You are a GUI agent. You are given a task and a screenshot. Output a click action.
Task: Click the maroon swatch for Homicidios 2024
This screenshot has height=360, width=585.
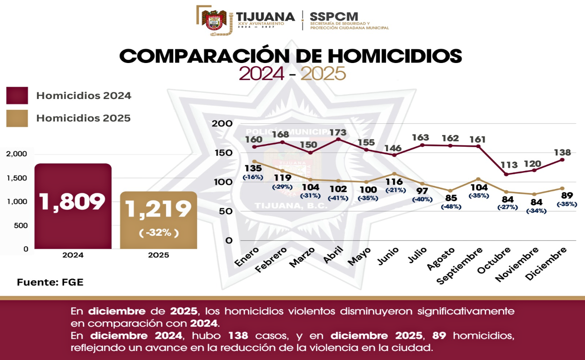pyautogui.click(x=17, y=96)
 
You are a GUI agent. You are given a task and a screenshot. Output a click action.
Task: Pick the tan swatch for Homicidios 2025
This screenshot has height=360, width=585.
pyautogui.click(x=17, y=118)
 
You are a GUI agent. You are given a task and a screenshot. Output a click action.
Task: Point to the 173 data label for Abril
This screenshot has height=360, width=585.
pyautogui.click(x=338, y=133)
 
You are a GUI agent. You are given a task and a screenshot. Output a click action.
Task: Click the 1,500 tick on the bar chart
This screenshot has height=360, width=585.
pyautogui.click(x=17, y=178)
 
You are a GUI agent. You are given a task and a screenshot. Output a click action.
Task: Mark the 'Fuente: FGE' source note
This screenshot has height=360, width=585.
pyautogui.click(x=50, y=283)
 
